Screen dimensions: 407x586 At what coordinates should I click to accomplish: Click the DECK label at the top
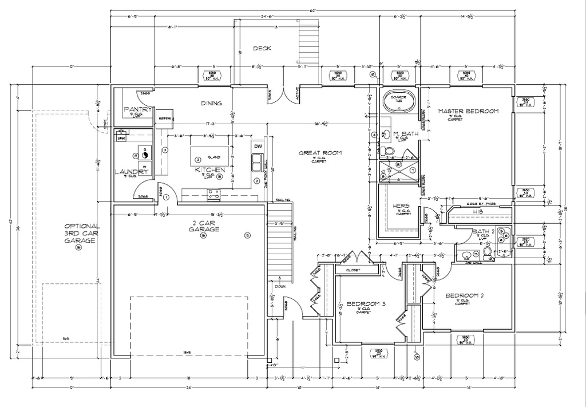tap(262, 64)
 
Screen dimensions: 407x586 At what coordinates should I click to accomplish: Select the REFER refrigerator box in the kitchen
tap(165, 118)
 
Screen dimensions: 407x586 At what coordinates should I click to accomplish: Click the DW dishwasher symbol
tap(258, 147)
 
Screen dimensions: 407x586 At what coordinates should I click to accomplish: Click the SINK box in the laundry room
tap(121, 138)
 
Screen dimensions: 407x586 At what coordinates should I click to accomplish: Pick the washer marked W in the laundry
tap(144, 167)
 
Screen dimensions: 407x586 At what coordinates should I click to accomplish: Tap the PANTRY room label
tap(137, 109)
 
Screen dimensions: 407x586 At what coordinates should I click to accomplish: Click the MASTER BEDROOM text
tap(468, 111)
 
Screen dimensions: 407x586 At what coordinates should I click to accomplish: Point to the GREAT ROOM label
tap(320, 153)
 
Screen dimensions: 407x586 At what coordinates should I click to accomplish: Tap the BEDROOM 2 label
tap(465, 295)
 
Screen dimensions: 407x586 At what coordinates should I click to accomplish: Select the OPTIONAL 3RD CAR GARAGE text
tap(82, 233)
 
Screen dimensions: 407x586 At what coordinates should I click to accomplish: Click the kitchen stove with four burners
tap(213, 195)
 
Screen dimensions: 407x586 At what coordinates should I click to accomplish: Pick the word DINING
tap(211, 104)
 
